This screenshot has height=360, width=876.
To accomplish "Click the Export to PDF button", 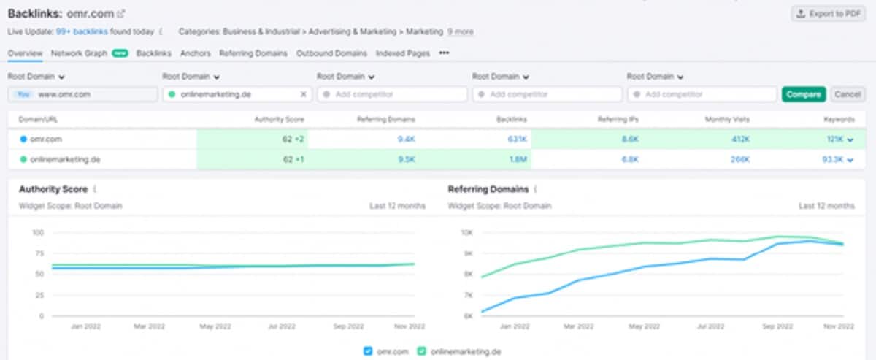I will coord(828,14).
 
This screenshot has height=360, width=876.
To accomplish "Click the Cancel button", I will coord(847,94).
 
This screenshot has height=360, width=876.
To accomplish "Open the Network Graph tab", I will coord(79,53).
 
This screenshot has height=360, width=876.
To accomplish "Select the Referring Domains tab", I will coord(253,53).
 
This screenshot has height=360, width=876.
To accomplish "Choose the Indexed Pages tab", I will coord(402,53).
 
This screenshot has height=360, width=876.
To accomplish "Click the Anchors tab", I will coord(195,53).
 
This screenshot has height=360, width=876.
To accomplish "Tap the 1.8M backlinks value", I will coord(517,159).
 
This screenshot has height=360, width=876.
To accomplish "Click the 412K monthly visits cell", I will coord(740,139).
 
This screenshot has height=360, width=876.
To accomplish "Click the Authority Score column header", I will coord(279,119).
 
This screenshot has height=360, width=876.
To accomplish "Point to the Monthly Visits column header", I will coord(727,119).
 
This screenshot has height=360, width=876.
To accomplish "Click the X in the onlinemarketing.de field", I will coord(304,94).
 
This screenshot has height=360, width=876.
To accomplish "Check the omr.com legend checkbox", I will coord(368,351).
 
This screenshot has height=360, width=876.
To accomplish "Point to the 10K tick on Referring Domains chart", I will coord(467,233).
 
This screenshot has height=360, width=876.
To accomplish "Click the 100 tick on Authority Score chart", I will coord(38,233).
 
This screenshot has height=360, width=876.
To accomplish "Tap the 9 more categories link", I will coord(460,32).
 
